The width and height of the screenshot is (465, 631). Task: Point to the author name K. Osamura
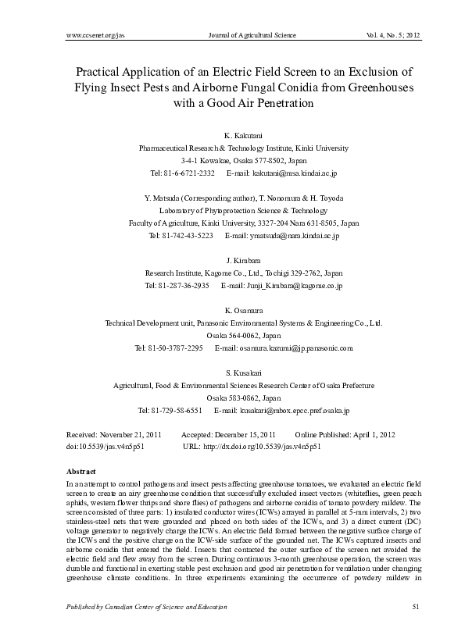tap(232, 312)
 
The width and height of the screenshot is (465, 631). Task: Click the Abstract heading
tap(82, 472)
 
